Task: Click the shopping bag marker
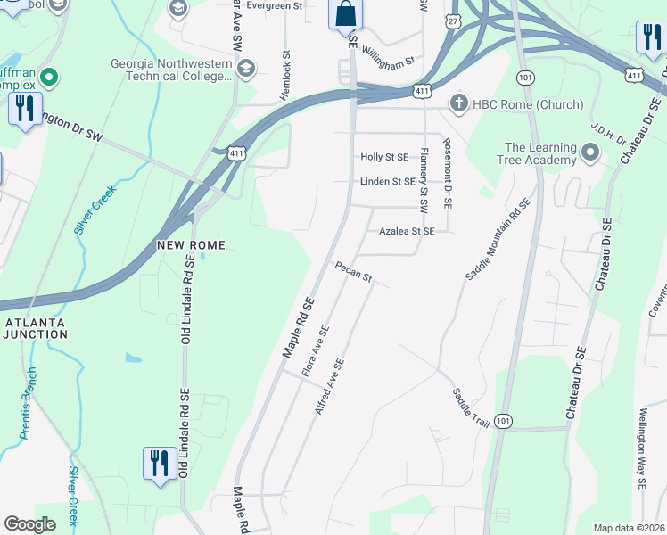345,15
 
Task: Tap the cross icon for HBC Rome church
458,103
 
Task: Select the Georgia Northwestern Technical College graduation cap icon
245,69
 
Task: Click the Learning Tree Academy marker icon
589,153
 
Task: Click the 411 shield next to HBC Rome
424,91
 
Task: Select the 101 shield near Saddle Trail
505,420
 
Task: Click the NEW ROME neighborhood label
191,244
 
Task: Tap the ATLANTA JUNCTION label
36,327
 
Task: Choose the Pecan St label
353,271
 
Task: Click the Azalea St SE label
407,231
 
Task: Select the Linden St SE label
388,182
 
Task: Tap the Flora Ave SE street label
316,350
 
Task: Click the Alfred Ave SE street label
329,386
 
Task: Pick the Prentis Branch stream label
29,404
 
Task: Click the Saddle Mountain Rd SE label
498,239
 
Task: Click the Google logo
30,524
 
